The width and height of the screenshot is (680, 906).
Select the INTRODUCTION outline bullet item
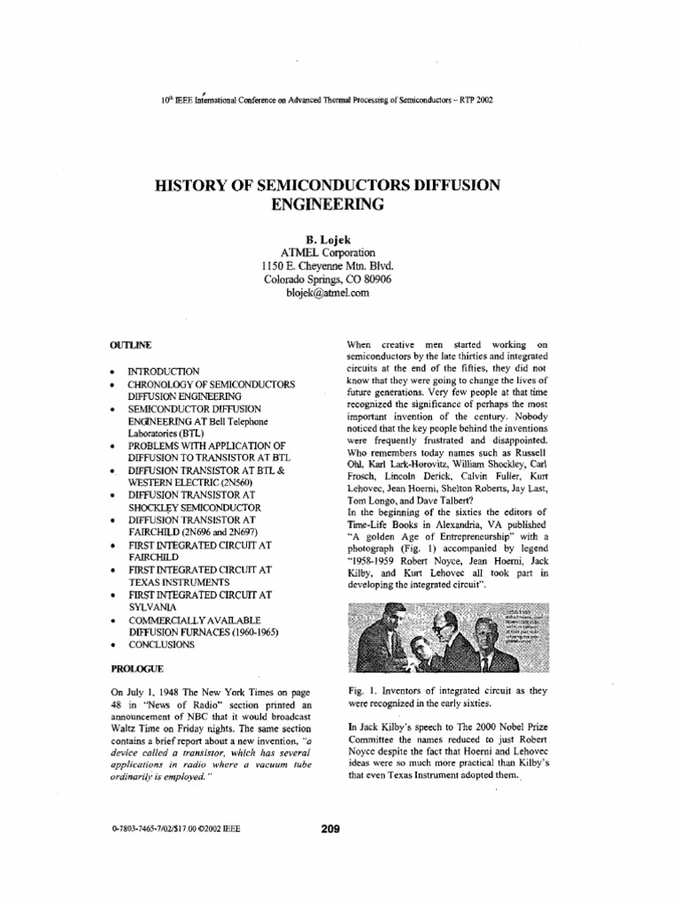[x=164, y=372]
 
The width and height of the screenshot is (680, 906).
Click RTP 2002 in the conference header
[x=473, y=100]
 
